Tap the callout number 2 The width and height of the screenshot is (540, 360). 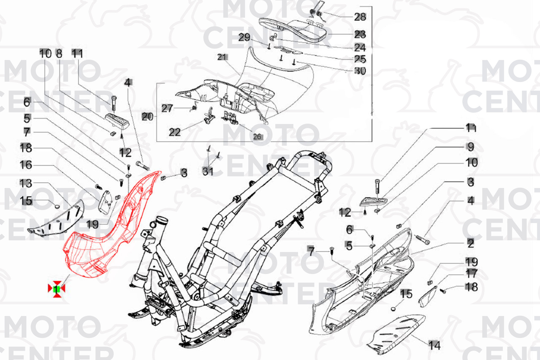[470, 243]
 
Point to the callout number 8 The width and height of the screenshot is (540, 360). [59, 53]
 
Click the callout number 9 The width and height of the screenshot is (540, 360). [470, 147]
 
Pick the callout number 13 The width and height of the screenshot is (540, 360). [26, 183]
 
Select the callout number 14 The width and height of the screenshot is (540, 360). [434, 345]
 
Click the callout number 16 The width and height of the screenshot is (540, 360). [26, 165]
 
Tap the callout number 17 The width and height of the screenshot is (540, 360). [471, 274]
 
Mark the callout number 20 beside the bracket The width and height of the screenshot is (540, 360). [147, 117]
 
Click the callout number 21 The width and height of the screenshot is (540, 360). [222, 57]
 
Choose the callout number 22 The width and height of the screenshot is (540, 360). [175, 132]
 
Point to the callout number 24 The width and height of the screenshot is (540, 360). [360, 47]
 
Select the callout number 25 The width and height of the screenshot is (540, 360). [360, 59]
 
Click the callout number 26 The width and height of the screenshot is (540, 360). [257, 136]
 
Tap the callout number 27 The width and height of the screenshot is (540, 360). [167, 108]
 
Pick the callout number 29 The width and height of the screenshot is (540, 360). [244, 37]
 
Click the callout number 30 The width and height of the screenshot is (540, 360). [360, 71]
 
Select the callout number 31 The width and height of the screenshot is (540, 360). [208, 171]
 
